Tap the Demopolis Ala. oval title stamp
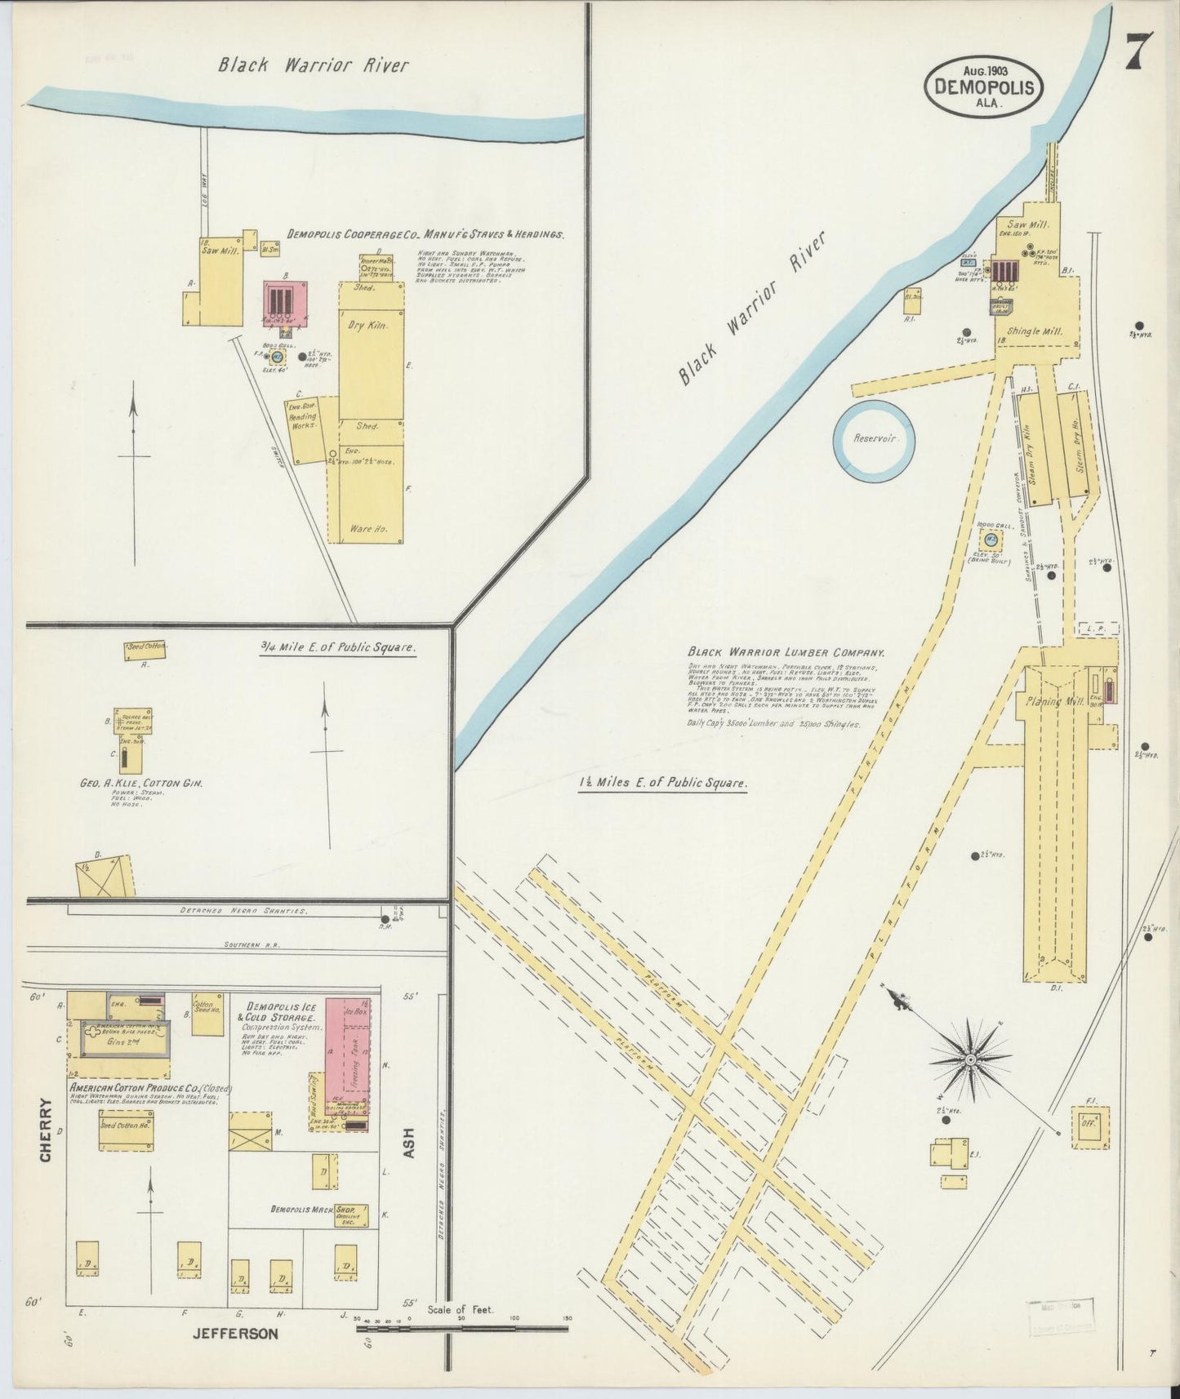coord(984,87)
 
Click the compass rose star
coord(970,1060)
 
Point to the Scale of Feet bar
coord(462,1329)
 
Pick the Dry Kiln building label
coord(369,325)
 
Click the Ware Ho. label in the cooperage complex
coord(367,528)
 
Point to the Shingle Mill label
coord(1033,331)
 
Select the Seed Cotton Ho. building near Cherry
coord(125,1130)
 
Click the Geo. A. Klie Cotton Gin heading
coord(140,783)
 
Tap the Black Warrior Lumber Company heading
coord(786,653)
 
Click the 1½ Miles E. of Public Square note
coord(662,783)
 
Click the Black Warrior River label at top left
coord(313,66)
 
